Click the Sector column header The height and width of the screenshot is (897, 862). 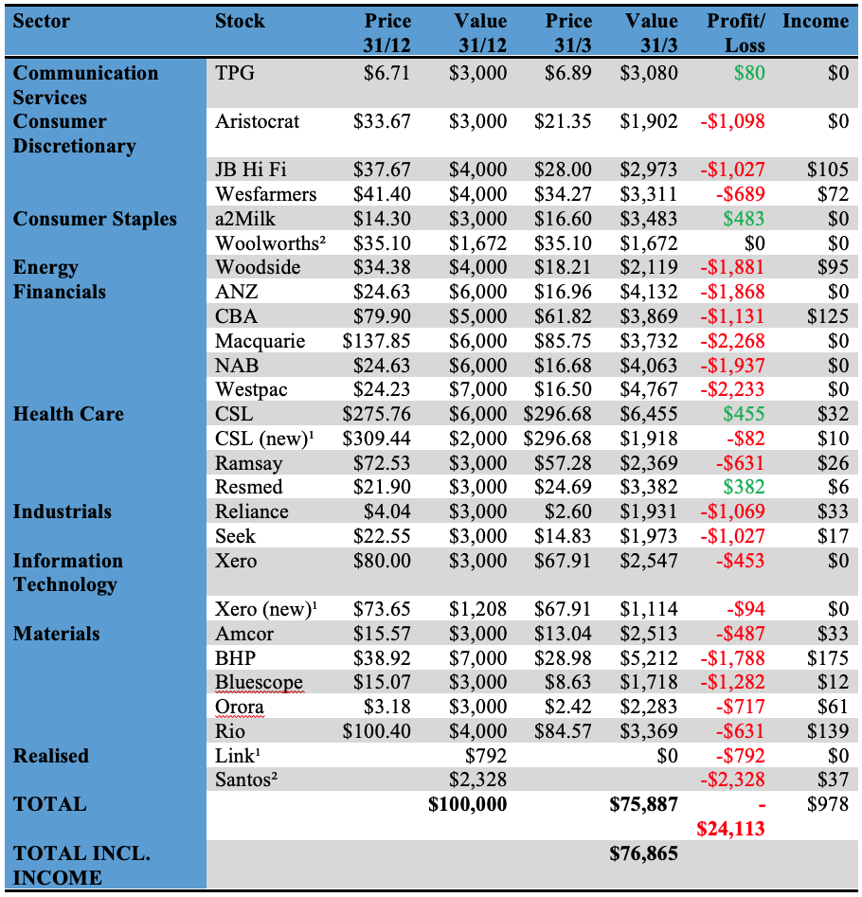[42, 21]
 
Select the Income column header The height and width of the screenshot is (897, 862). [816, 21]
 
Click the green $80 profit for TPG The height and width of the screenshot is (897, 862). [746, 73]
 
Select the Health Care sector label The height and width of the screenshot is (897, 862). [68, 414]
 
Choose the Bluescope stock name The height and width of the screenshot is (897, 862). [259, 682]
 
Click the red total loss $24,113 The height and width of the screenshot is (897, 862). [731, 829]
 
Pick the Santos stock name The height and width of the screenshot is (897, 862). [246, 780]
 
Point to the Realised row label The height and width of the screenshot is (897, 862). [51, 756]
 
